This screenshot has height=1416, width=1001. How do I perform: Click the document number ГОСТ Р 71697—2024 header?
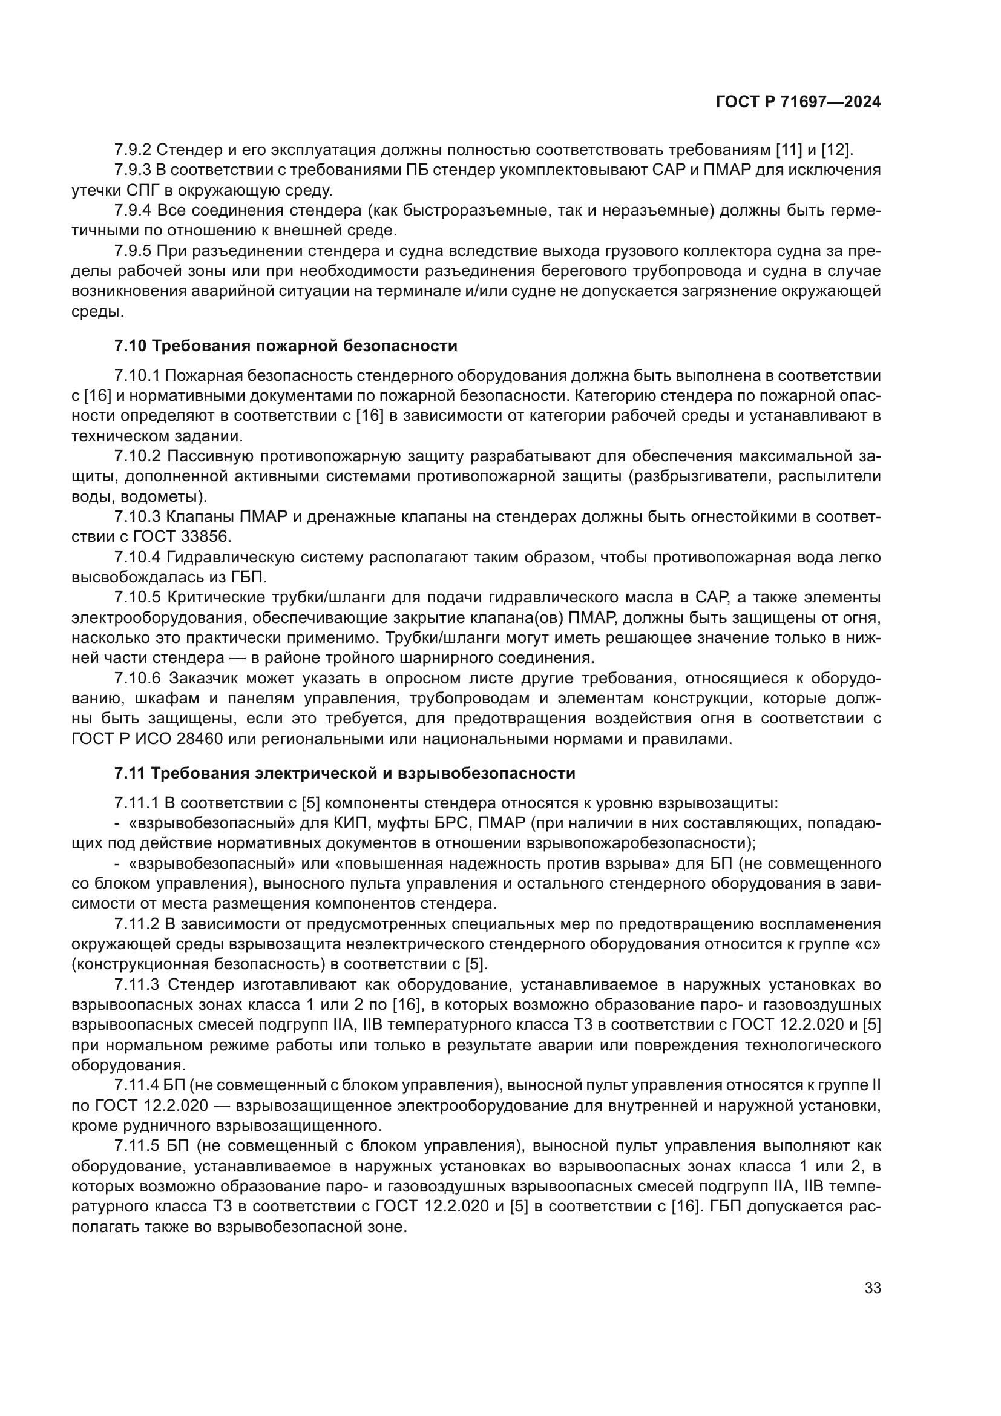798,102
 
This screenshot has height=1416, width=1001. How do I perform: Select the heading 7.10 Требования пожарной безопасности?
286,346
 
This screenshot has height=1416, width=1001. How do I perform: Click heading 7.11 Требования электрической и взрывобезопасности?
344,773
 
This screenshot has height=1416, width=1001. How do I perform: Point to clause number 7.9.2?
133,150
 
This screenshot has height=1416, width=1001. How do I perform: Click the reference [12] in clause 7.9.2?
837,150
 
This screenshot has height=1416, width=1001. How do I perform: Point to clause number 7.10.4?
137,558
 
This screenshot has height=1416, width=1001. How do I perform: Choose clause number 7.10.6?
137,679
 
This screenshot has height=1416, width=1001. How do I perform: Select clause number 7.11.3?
137,984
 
